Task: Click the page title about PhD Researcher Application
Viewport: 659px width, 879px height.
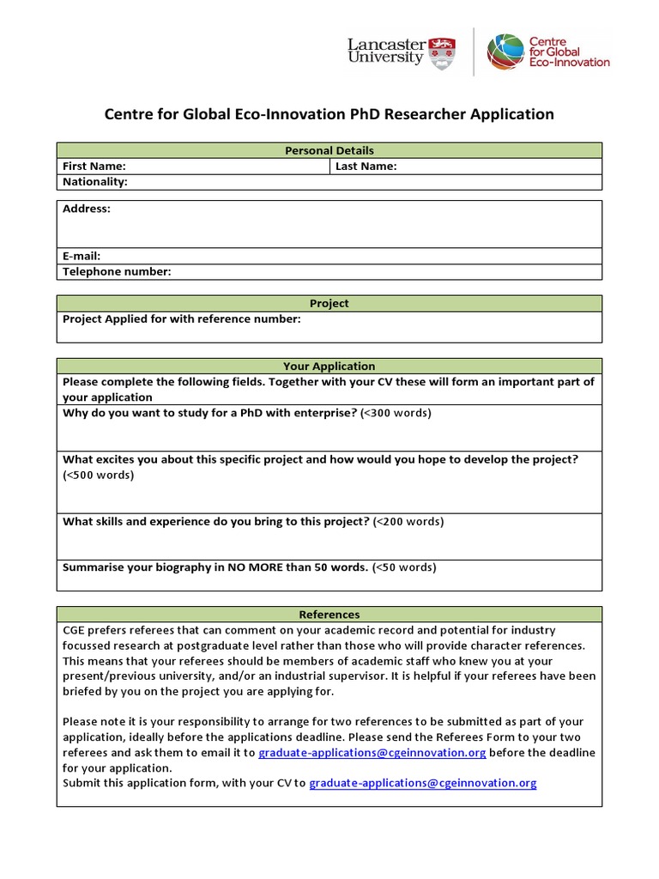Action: tap(329, 114)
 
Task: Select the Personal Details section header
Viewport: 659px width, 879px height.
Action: tap(329, 150)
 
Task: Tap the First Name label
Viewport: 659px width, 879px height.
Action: tap(94, 167)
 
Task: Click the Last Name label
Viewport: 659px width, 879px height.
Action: tap(366, 167)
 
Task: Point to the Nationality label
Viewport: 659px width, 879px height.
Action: tap(95, 182)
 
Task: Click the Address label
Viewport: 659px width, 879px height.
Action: tap(87, 209)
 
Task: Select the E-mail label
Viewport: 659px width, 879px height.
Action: tap(82, 256)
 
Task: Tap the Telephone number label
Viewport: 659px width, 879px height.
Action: tap(117, 272)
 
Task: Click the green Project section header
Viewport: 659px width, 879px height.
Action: tap(329, 303)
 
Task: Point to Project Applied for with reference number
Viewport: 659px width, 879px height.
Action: tap(182, 319)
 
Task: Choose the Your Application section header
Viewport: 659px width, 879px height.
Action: tap(329, 366)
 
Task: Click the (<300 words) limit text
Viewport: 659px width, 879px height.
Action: tap(396, 413)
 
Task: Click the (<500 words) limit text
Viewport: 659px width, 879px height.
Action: tap(99, 475)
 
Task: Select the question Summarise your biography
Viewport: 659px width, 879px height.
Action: tap(215, 567)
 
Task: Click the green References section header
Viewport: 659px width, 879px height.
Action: tap(329, 615)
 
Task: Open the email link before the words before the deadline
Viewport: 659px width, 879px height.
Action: tap(372, 753)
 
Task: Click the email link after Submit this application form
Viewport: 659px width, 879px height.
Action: tap(422, 783)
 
